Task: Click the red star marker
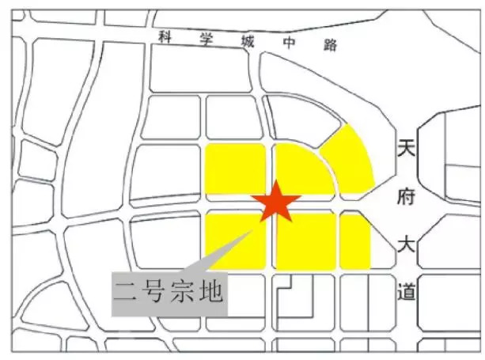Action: click(x=275, y=202)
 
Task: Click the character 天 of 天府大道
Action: click(x=406, y=150)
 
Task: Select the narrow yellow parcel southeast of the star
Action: click(x=354, y=240)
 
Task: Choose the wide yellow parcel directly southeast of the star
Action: click(x=305, y=240)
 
